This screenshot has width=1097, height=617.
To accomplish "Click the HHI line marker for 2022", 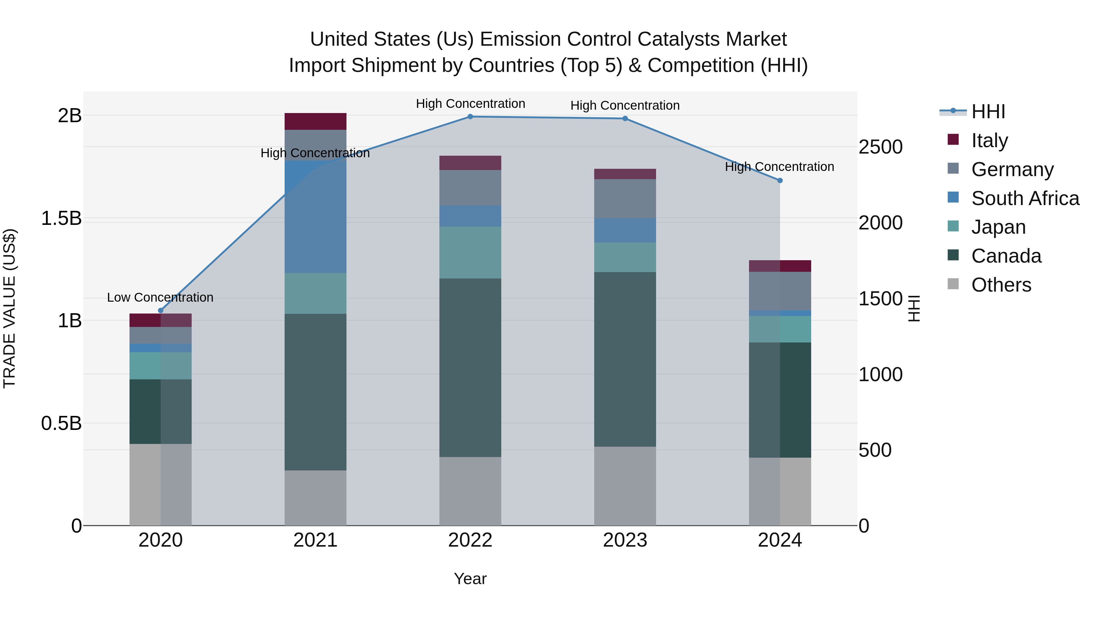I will (470, 117).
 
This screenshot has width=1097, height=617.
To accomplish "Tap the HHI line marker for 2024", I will (780, 181).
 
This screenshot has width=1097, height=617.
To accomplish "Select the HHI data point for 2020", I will (161, 310).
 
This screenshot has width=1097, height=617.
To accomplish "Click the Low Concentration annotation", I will (160, 297).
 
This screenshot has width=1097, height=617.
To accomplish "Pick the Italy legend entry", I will (989, 140).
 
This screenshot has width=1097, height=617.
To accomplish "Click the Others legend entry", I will (1001, 285).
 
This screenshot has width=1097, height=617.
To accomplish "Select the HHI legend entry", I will (988, 112).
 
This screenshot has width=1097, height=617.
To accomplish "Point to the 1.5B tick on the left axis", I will (61, 218).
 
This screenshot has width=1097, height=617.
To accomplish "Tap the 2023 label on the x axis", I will (625, 540).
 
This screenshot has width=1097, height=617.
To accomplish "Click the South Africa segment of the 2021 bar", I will (315, 217).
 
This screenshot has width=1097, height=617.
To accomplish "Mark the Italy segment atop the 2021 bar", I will (315, 121).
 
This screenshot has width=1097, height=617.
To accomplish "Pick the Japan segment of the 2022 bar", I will (470, 253).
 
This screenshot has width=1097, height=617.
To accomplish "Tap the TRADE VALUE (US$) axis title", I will (9, 308).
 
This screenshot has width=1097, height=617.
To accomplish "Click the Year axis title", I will (470, 579).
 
